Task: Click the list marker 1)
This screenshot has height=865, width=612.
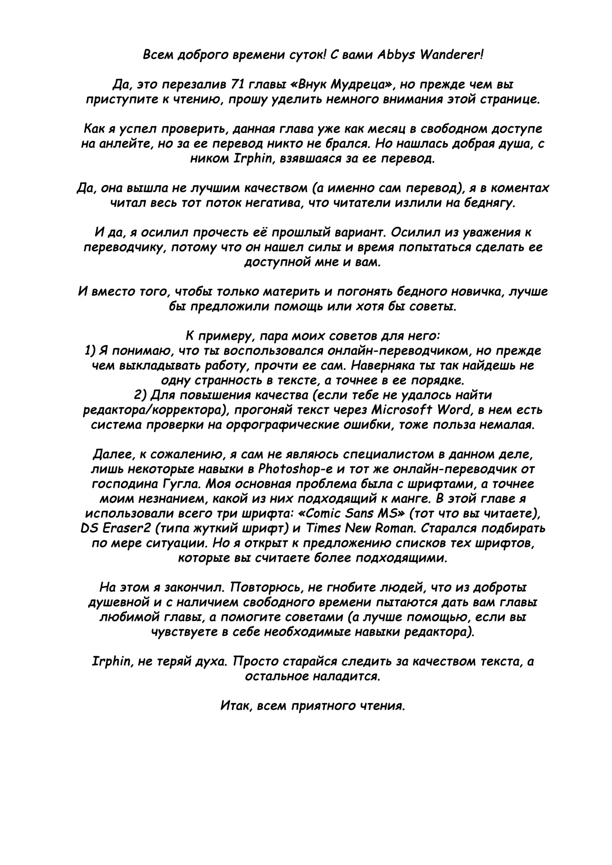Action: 91,351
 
